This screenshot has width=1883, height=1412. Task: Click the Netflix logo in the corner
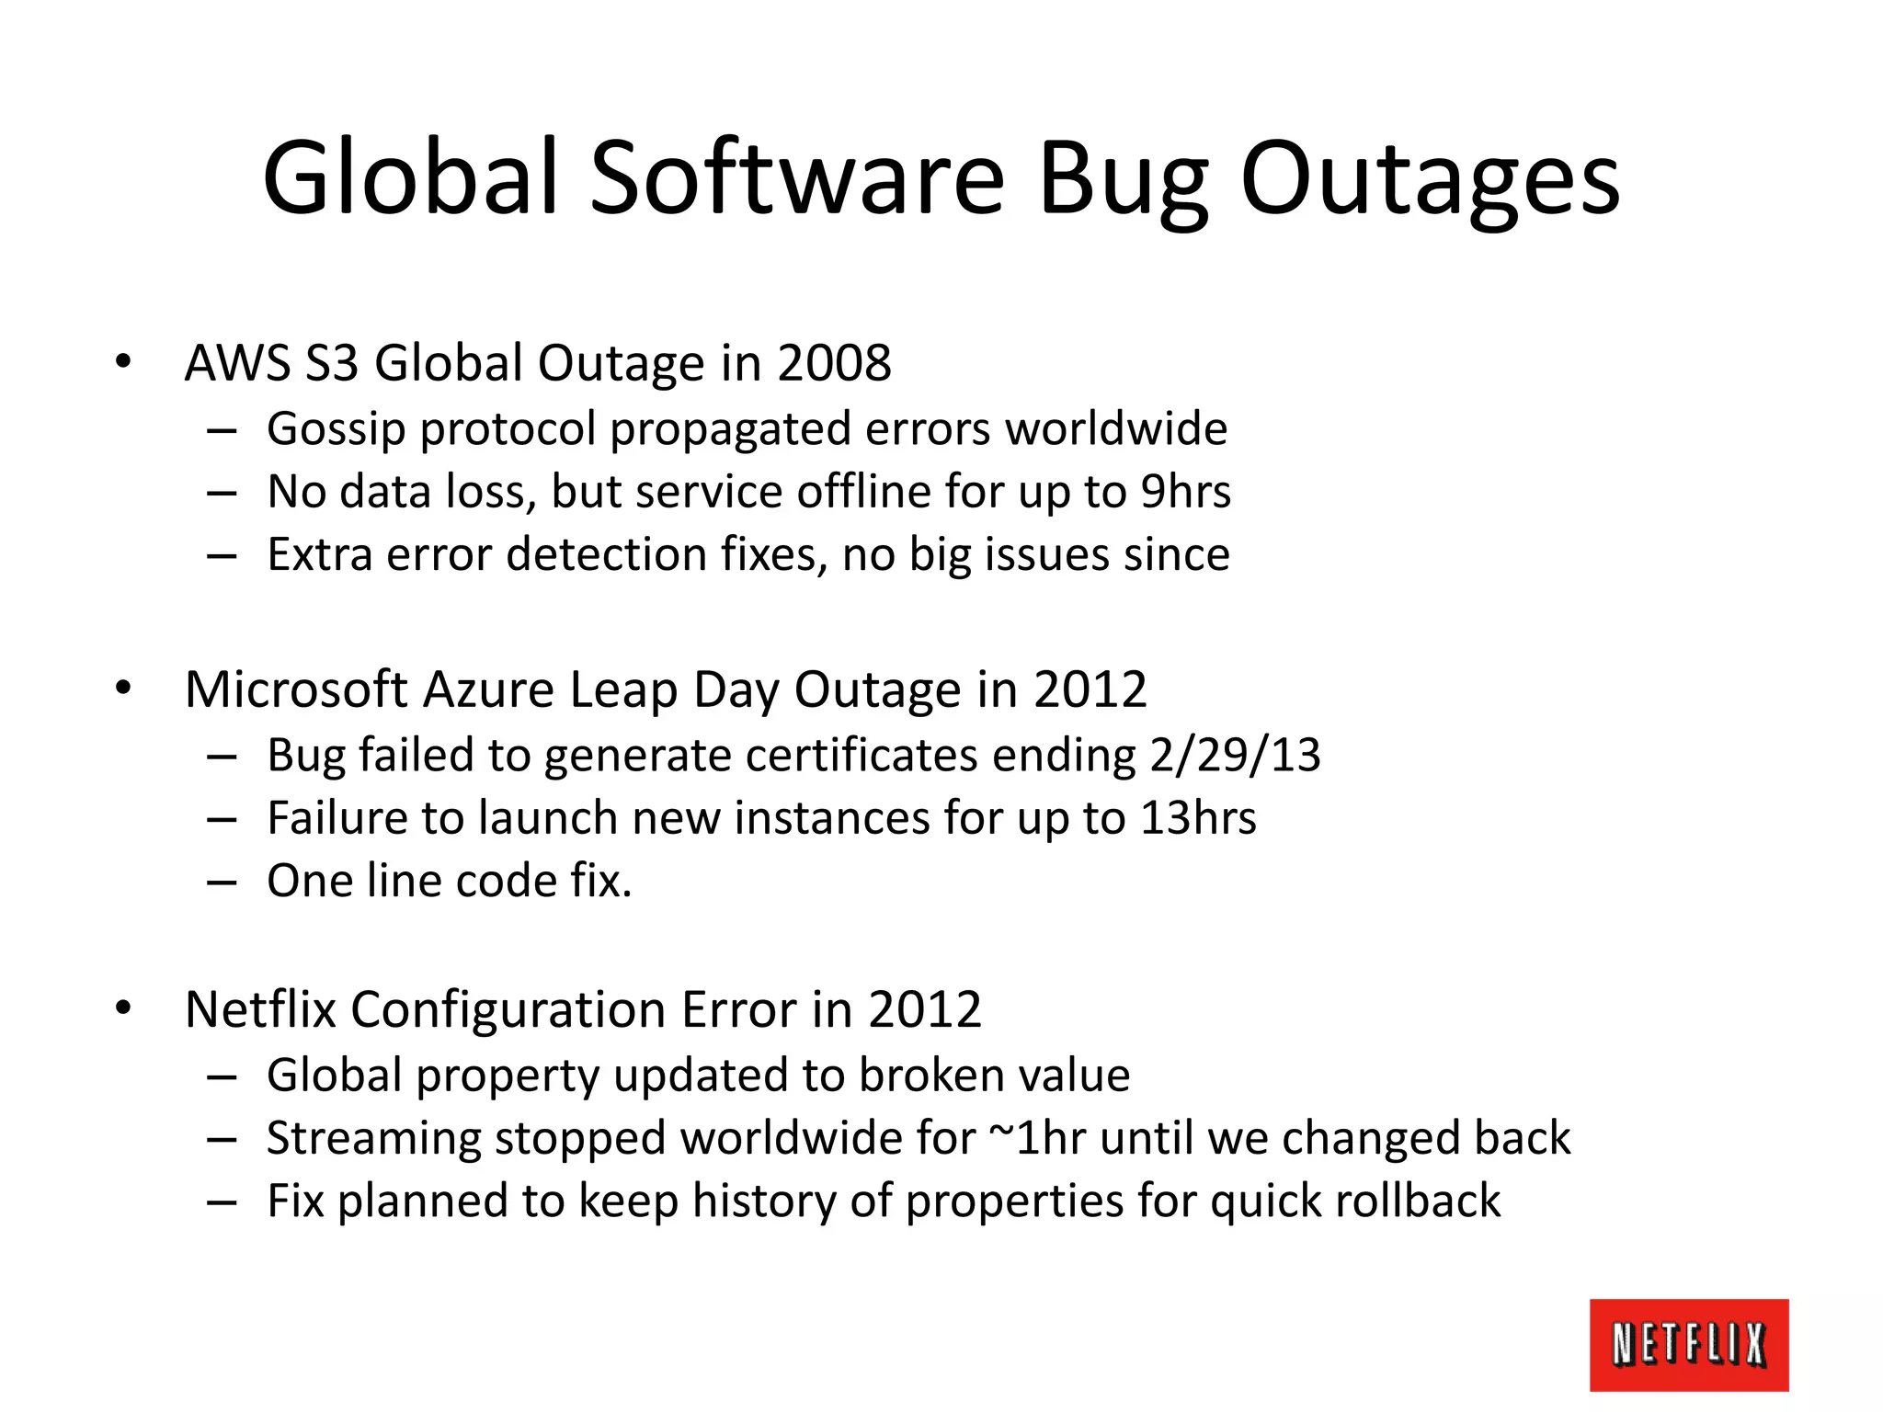pyautogui.click(x=1688, y=1344)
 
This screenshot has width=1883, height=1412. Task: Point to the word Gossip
pyautogui.click(x=336, y=430)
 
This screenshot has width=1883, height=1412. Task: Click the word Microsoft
pyautogui.click(x=296, y=689)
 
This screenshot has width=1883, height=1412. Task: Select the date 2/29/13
pyautogui.click(x=1235, y=756)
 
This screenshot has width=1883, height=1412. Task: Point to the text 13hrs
pyautogui.click(x=1198, y=818)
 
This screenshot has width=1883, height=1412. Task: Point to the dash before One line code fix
pyautogui.click(x=223, y=882)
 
